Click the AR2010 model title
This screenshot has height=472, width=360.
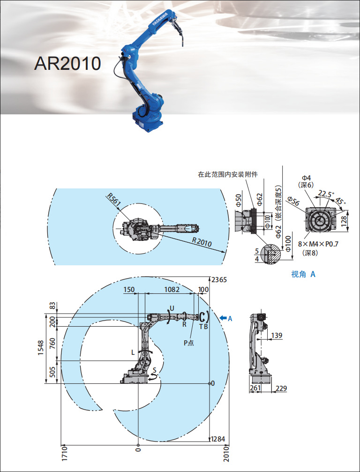(67, 63)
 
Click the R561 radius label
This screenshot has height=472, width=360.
(114, 200)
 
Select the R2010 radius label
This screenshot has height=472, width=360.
(202, 242)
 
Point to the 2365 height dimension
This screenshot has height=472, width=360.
(219, 280)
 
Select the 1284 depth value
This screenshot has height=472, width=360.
(219, 439)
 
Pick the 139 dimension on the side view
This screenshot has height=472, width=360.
(277, 335)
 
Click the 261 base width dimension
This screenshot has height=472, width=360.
(255, 389)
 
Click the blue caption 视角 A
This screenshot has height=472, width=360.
(303, 274)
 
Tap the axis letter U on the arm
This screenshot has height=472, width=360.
(172, 308)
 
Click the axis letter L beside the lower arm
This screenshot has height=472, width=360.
(133, 351)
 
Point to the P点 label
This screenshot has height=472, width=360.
(189, 343)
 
